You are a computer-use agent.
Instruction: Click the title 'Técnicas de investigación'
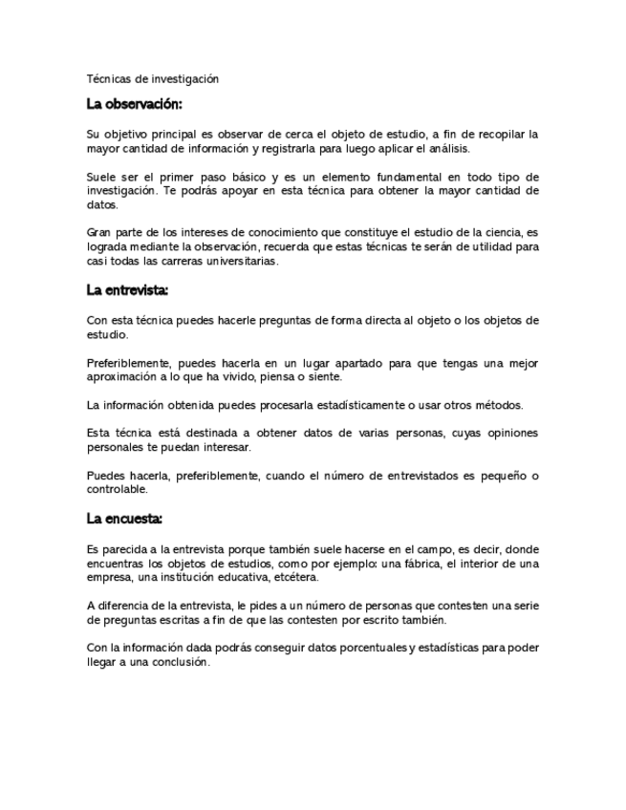[153, 79]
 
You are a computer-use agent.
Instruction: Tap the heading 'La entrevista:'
[127, 289]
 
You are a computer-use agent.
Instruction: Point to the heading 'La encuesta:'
[124, 519]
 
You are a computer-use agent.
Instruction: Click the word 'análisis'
[446, 149]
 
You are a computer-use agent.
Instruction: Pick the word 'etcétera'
[294, 577]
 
